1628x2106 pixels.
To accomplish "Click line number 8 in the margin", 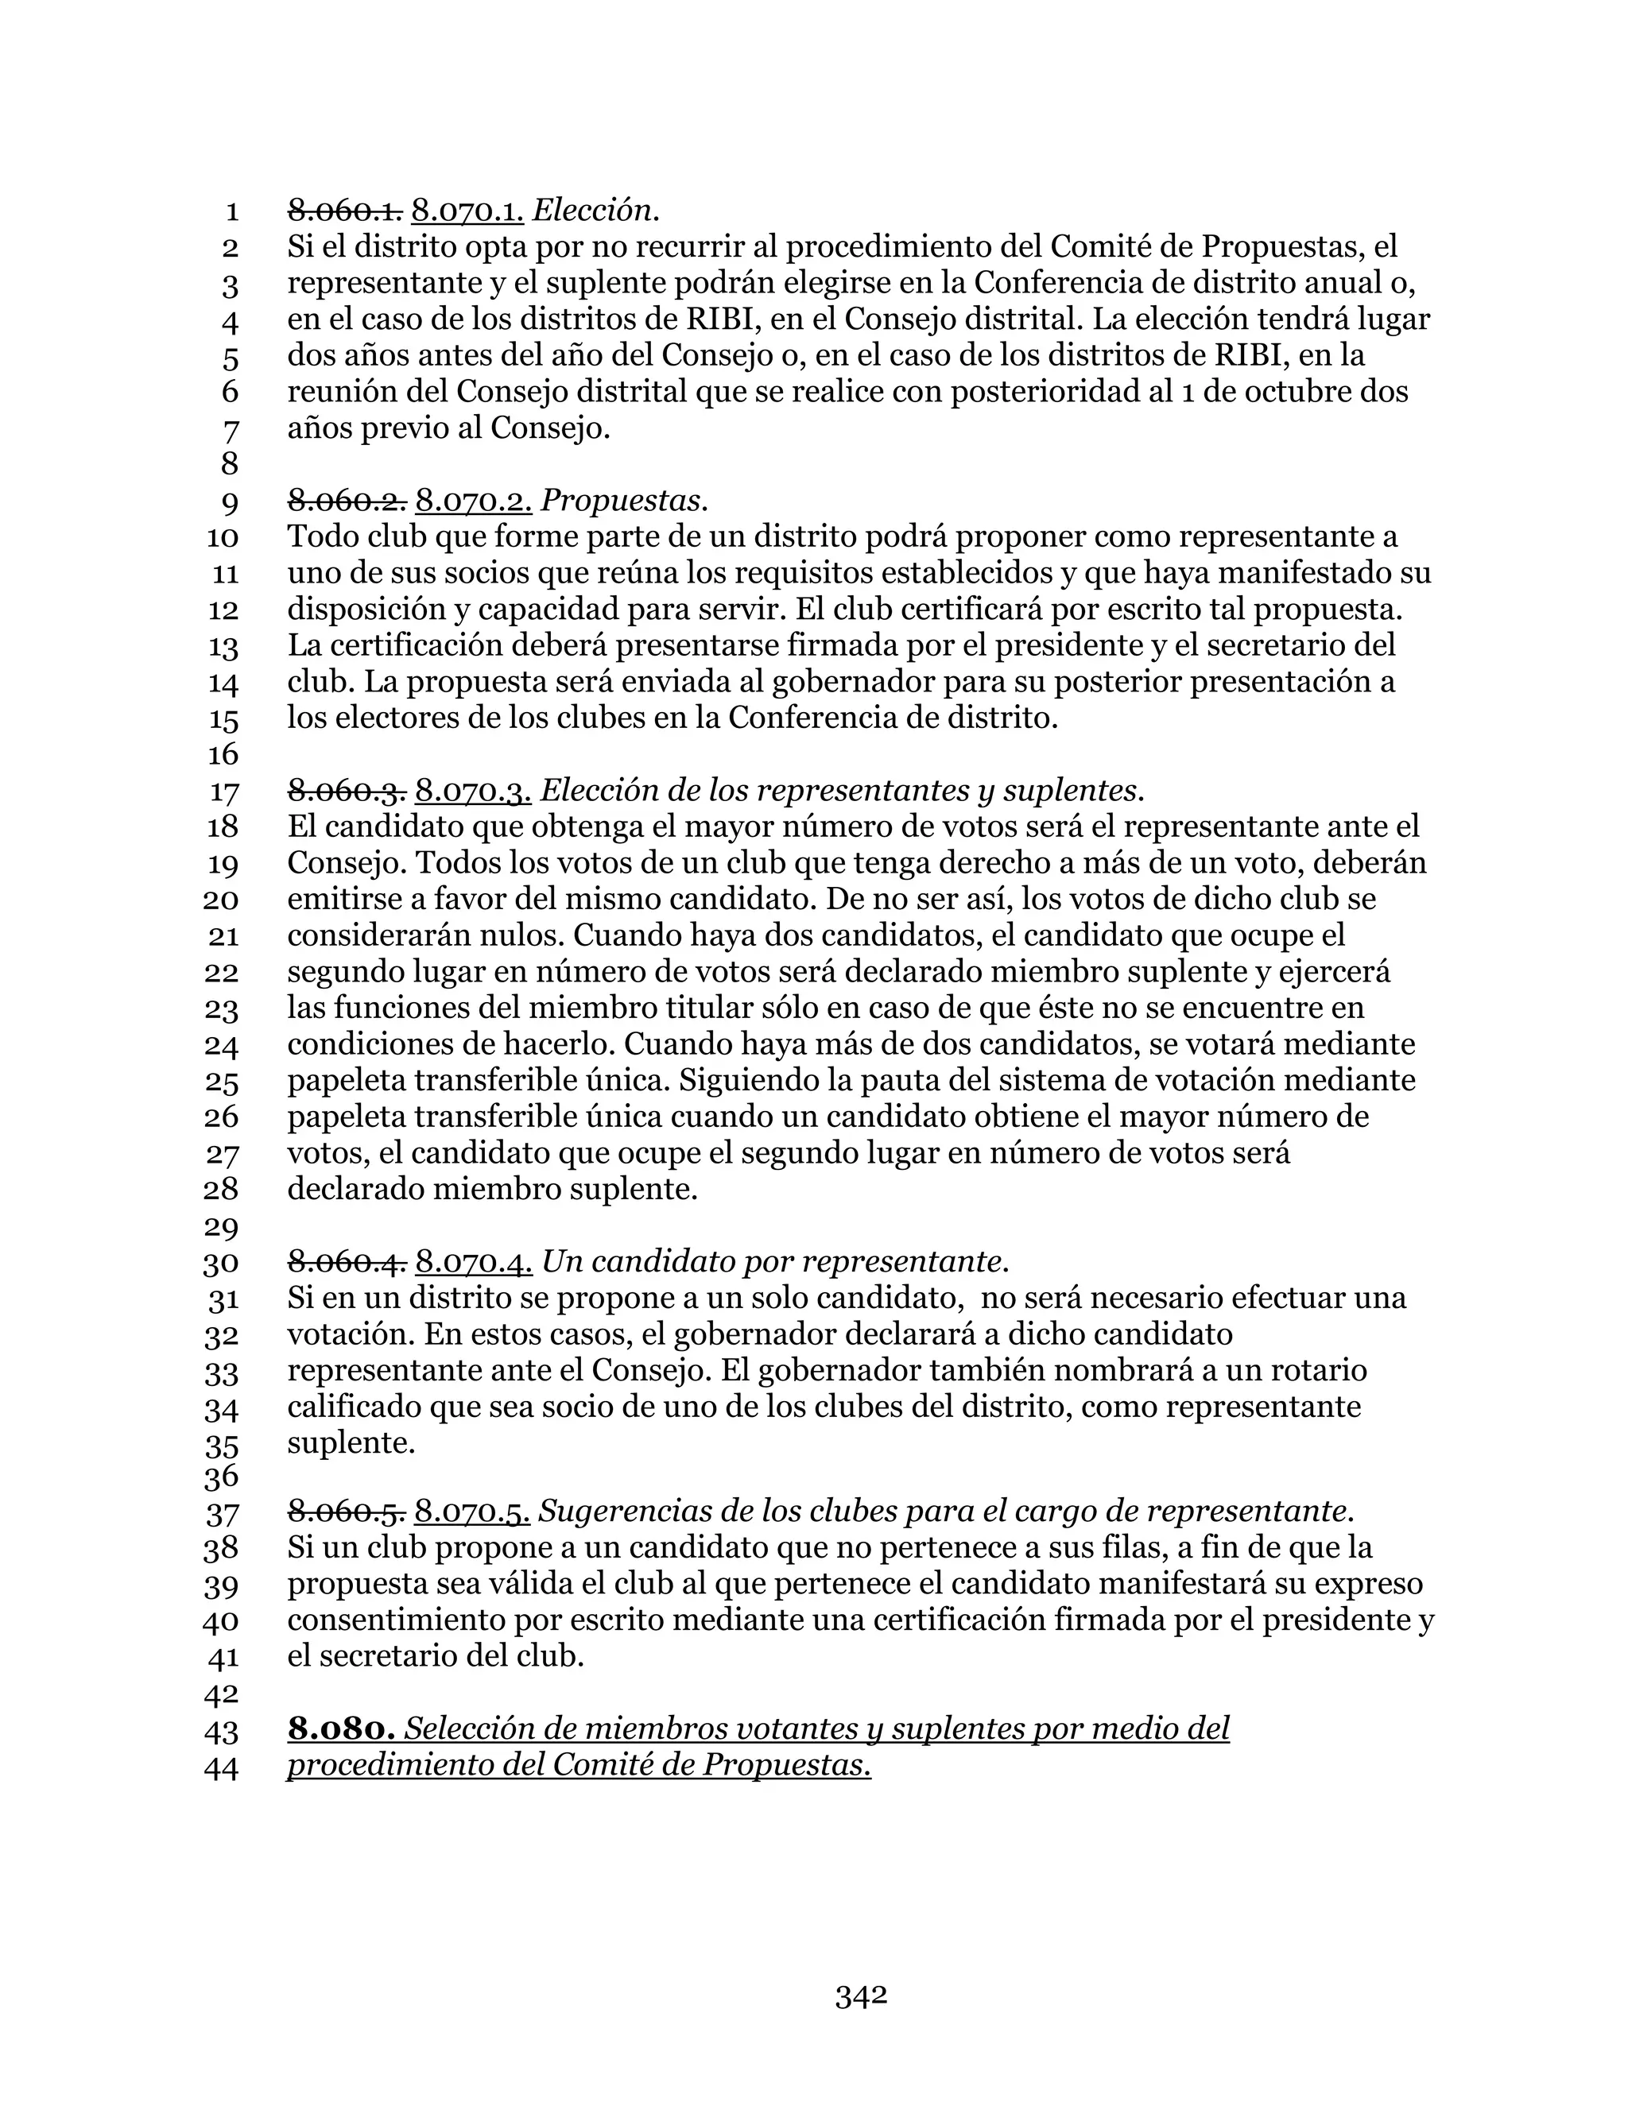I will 230,464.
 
